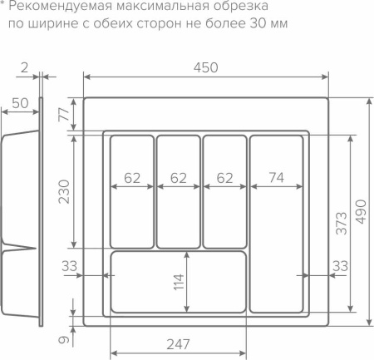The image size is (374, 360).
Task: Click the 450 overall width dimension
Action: [207, 67]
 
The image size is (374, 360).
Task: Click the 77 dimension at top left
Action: [63, 116]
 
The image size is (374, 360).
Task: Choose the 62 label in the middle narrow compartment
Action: [178, 177]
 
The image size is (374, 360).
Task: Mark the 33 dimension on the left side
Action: [70, 266]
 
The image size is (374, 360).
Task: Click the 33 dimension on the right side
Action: [340, 266]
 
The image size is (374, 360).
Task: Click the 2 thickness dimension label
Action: [25, 66]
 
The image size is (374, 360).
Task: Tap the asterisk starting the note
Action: [3, 6]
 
